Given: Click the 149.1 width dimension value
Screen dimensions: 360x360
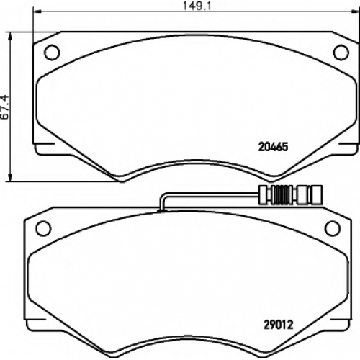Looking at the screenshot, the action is pos(197,6).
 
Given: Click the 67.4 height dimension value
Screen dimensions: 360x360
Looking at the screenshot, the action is pos(5,107).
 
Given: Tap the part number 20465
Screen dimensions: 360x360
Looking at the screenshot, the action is pos(273,147).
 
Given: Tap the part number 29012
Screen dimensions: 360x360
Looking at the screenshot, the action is pos(279,325).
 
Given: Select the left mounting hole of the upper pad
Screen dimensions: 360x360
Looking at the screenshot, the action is pos(52,53).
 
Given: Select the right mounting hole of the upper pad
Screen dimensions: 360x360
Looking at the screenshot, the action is pos(341,53).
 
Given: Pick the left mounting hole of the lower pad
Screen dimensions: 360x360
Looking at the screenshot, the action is pos(43,228).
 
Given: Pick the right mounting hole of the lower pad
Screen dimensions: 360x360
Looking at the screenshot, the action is pos(333,228).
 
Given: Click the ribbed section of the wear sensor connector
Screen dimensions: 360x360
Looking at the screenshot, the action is pos(283,194).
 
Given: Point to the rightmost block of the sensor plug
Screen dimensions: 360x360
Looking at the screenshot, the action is pos(316,194).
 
